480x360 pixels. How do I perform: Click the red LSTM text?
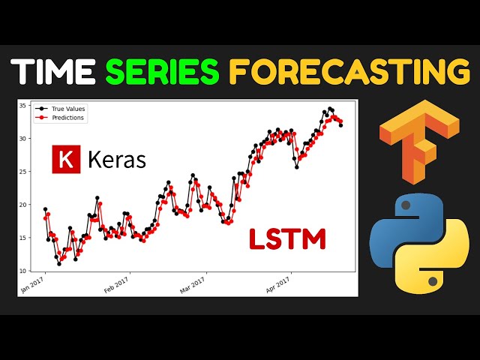(x=288, y=239)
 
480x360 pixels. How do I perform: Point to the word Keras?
(x=117, y=160)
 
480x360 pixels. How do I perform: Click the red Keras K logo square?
(x=66, y=160)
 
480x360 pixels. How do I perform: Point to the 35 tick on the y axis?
(x=22, y=106)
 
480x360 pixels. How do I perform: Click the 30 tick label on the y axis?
(x=22, y=139)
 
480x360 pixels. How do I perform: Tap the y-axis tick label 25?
(x=22, y=172)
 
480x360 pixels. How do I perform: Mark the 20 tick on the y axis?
(x=22, y=205)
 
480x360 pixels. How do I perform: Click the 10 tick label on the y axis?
(x=22, y=271)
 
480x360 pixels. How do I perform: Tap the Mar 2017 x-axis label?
(x=193, y=284)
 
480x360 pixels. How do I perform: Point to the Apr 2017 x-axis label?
(x=277, y=284)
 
